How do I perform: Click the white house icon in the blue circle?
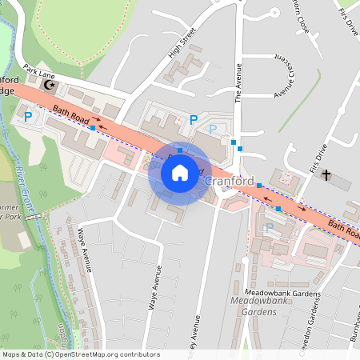coord(180,173)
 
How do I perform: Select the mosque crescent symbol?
coord(52,84)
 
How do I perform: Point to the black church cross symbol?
coord(326,174)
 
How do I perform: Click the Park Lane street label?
coord(37,71)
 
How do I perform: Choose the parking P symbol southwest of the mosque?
coord(29,117)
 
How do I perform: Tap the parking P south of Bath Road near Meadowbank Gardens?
coord(269,228)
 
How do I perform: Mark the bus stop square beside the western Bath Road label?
coord(94,127)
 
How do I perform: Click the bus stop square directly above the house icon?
coord(180,150)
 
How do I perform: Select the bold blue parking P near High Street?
coord(194,119)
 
